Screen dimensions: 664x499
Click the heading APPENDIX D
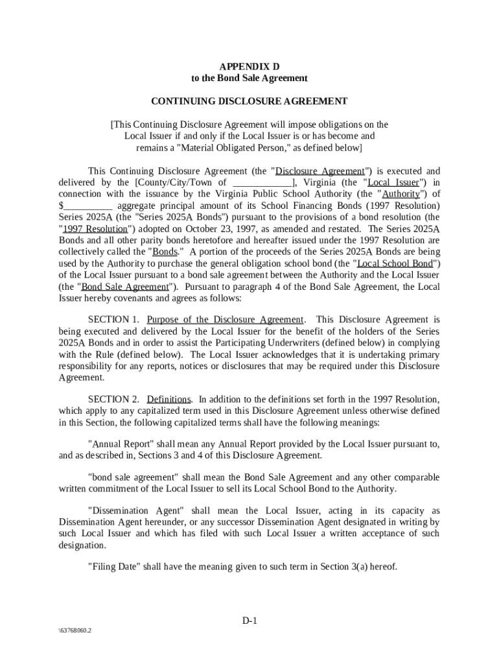tap(249, 66)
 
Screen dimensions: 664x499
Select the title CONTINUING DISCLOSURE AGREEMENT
tap(249, 101)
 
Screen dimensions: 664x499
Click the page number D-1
tap(250, 621)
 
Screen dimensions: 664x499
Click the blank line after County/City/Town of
tap(262, 183)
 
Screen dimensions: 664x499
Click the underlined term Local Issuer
tap(393, 183)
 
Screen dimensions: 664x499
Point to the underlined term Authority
tap(400, 194)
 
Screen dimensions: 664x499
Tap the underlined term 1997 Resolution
tap(93, 229)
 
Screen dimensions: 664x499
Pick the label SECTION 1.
tap(113, 320)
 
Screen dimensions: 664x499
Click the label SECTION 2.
tap(113, 399)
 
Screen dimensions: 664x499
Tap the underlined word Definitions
tap(168, 399)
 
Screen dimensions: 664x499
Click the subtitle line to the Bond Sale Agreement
tap(249, 78)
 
